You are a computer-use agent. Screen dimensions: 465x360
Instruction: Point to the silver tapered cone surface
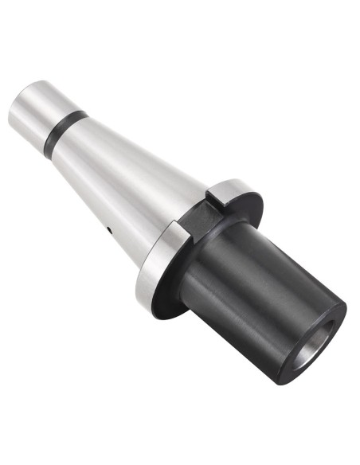[127, 175]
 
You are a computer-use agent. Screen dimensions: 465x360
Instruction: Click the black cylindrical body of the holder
[255, 295]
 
